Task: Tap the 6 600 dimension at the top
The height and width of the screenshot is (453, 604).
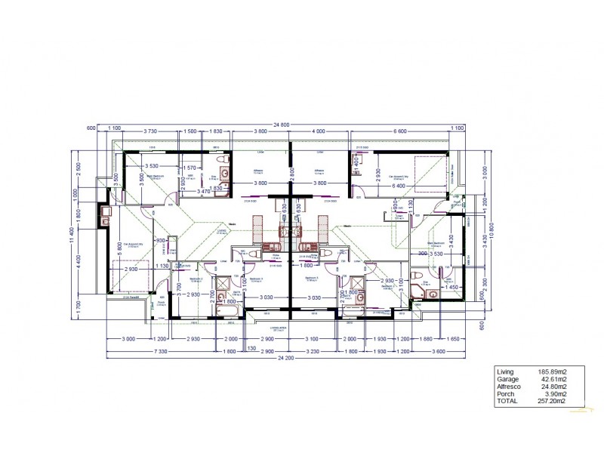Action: (x=400, y=131)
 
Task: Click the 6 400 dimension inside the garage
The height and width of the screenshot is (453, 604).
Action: (x=399, y=183)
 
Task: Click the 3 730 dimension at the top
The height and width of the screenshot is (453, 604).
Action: (x=151, y=131)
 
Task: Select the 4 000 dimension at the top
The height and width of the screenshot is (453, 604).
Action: (x=319, y=131)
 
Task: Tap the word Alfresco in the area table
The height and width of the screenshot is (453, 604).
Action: (x=508, y=387)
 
